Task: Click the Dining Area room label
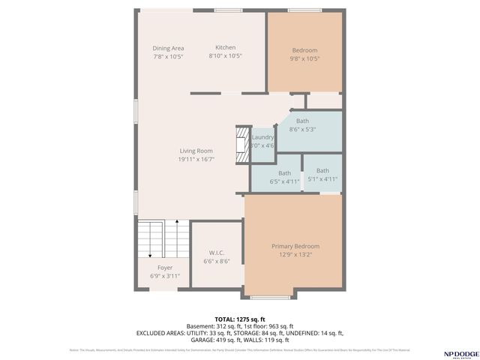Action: [168, 48]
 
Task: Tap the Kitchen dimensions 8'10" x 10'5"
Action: [225, 55]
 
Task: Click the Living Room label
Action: [196, 151]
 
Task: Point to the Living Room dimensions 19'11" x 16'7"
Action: [196, 160]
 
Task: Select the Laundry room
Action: [262, 141]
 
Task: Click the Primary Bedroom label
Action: [295, 246]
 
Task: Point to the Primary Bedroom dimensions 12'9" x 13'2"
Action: [295, 255]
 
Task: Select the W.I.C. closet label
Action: [216, 253]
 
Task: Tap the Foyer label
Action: [165, 268]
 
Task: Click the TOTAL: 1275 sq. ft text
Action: [239, 319]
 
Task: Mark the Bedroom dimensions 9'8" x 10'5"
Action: [304, 58]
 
